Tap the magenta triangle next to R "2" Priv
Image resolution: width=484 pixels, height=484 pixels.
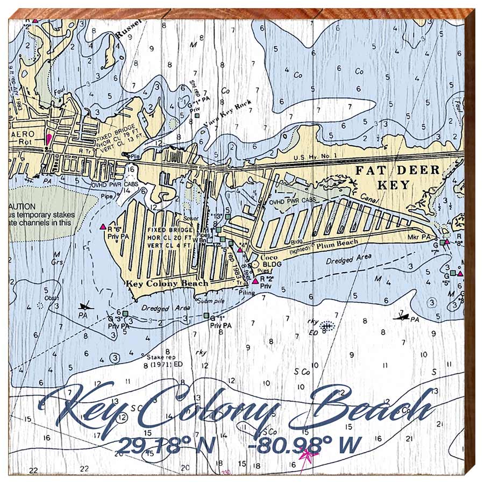[255, 281]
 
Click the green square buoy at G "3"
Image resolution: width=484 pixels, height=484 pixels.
[125, 313]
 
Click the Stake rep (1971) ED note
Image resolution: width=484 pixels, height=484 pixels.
[163, 361]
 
